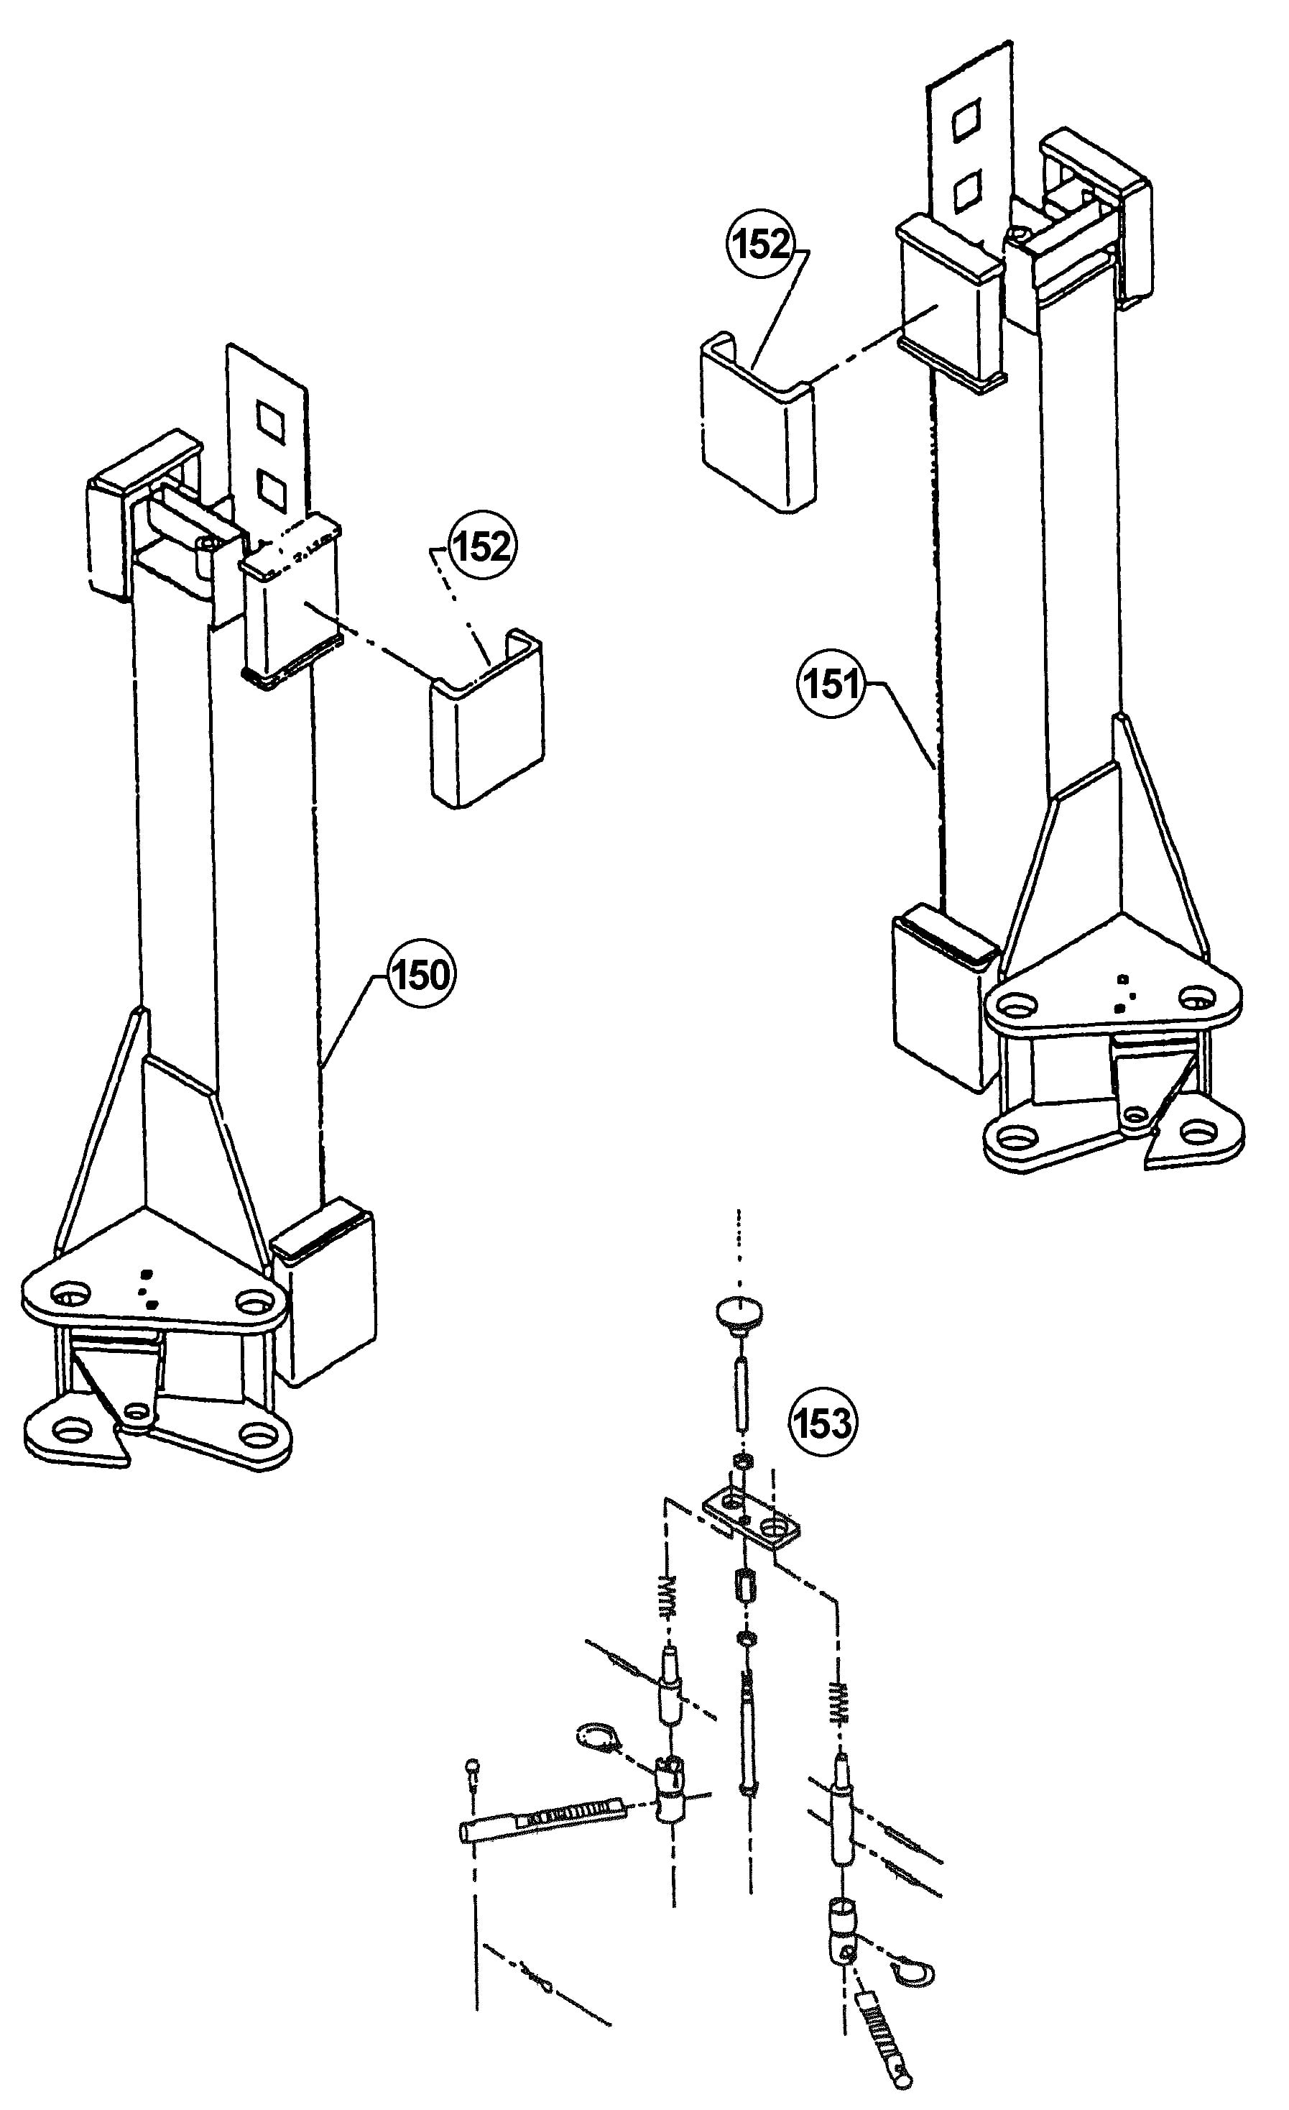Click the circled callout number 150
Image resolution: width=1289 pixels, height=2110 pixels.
[x=420, y=975]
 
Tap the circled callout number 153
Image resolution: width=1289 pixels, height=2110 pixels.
[x=823, y=1424]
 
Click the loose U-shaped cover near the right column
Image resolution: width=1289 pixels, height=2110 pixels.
[x=757, y=428]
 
